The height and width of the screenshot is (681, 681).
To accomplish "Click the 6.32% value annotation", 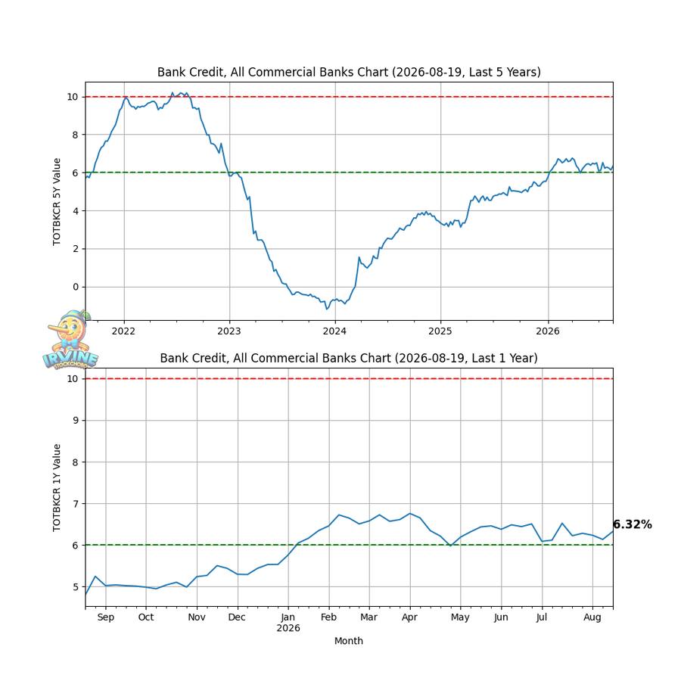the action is pos(633,524).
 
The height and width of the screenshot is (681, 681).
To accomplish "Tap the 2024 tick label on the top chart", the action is pos(334,331).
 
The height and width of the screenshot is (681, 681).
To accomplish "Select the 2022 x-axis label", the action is pos(124,331).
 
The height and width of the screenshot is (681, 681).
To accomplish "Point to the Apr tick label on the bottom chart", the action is pos(409,617).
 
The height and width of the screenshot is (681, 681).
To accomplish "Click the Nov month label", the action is pos(197,617).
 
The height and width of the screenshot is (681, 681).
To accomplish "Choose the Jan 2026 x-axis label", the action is pos(288,623).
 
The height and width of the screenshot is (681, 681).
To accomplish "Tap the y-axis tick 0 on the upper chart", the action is pos(76,287).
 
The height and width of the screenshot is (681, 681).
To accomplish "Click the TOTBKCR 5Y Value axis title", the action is pos(57,202).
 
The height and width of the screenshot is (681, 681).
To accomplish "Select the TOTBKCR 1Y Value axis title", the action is pos(57,488).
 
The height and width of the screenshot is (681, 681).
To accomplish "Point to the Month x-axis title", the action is pos(349,641).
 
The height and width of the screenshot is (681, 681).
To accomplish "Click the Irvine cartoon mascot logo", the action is pos(70,340).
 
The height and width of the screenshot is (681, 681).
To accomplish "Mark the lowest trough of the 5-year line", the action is pos(327,309).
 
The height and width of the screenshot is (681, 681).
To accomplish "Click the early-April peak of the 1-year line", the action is pos(410,513).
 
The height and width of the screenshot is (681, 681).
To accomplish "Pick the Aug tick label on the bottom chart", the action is pos(592,617).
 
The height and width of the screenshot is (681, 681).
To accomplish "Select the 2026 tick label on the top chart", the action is pos(548,331).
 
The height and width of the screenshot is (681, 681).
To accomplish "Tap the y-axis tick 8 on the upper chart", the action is pos(76,135).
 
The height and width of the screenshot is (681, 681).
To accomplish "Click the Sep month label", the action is pos(105,617).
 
